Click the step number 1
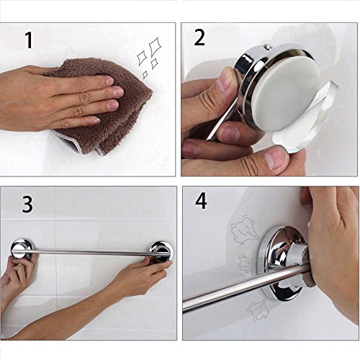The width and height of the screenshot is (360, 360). [29, 40]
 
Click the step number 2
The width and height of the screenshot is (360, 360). [199, 37]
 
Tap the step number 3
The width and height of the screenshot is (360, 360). [27, 204]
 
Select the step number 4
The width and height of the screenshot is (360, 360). [201, 202]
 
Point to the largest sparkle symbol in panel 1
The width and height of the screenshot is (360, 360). [154, 46]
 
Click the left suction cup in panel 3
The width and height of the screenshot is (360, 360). [22, 250]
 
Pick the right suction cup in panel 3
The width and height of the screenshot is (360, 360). [161, 251]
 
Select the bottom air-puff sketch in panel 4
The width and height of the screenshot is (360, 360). [258, 309]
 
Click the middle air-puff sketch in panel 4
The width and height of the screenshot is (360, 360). [248, 264]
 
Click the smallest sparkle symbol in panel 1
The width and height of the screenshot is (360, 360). [145, 75]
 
